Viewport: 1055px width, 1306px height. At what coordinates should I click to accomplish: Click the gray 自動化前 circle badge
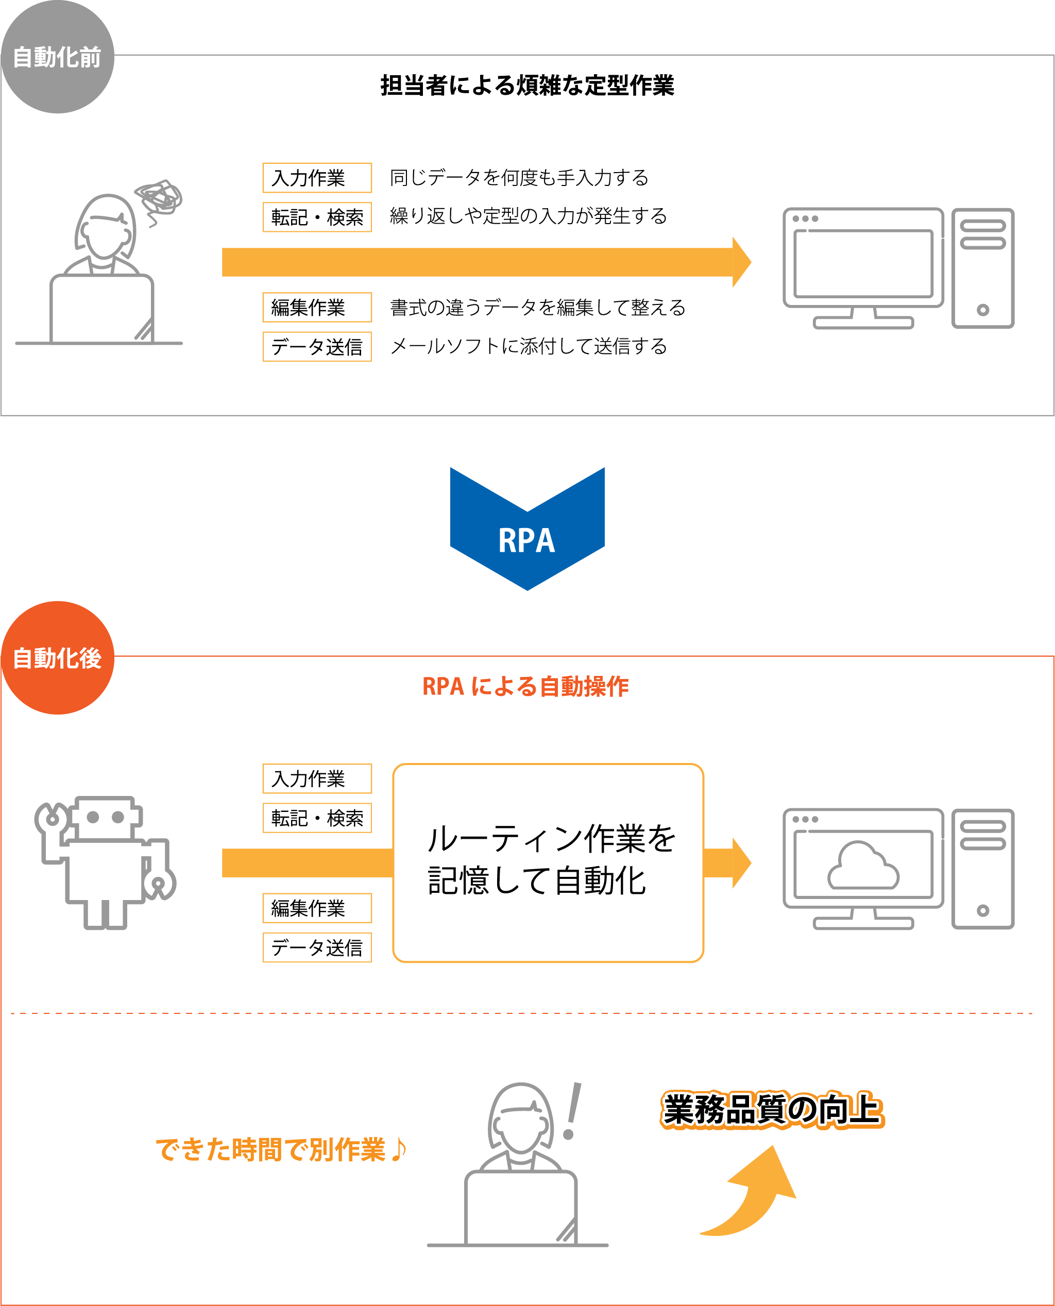click(x=57, y=57)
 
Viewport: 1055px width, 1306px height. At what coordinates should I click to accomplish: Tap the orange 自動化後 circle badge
click(x=57, y=657)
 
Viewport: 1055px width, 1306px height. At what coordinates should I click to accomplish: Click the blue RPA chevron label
click(x=527, y=540)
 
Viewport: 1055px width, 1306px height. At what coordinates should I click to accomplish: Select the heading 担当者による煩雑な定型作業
click(x=527, y=86)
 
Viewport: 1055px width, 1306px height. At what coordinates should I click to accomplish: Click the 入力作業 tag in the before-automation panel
click(x=317, y=177)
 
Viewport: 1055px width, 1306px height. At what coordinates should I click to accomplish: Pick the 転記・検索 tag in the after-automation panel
click(x=317, y=818)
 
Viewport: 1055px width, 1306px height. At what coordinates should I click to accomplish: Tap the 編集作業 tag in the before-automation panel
click(x=317, y=308)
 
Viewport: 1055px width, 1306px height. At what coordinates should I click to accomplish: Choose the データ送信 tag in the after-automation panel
click(x=317, y=947)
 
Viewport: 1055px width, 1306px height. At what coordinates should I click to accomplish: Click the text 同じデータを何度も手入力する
click(x=518, y=177)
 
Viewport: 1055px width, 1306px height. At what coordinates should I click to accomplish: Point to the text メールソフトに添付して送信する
click(x=528, y=346)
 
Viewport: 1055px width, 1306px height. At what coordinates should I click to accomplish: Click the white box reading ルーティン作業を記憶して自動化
click(x=548, y=862)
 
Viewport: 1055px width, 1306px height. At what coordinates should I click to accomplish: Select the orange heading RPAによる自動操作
click(x=525, y=686)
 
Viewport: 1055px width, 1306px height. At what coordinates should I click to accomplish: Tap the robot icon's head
click(x=106, y=818)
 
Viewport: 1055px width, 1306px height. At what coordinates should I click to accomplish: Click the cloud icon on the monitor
click(x=863, y=866)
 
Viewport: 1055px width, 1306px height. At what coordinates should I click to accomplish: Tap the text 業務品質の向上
click(x=771, y=1110)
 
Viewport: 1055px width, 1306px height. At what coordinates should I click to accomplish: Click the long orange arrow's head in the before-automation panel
click(x=741, y=262)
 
